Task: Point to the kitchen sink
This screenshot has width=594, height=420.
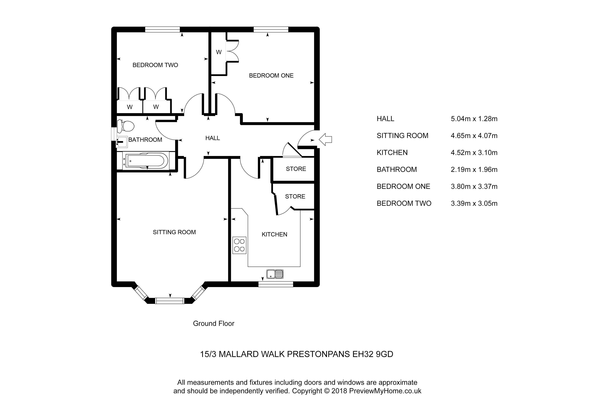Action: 275,274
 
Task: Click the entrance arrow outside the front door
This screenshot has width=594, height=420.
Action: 325,140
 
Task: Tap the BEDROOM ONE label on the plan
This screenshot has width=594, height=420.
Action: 271,76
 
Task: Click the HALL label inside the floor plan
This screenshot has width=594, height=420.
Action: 213,138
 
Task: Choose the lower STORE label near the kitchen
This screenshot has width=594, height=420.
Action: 295,196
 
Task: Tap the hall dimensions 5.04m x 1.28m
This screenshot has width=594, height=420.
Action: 474,119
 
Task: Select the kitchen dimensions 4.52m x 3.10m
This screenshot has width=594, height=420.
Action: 474,153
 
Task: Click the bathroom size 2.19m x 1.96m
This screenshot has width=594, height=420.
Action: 474,170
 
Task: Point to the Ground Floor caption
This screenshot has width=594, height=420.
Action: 214,323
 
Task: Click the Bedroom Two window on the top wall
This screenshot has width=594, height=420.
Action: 163,29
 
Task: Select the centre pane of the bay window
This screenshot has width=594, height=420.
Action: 170,301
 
